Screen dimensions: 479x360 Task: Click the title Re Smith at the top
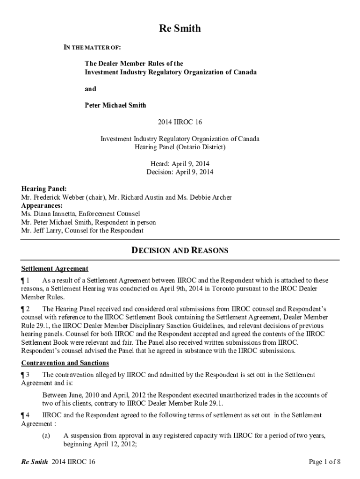[x=180, y=29]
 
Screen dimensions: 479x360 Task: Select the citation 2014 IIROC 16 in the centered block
[x=180, y=122]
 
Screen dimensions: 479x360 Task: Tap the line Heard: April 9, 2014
[x=180, y=164]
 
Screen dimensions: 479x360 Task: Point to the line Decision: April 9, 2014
[x=180, y=172]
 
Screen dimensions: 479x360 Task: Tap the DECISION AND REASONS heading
[x=180, y=251]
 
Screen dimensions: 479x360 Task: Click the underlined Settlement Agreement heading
[x=55, y=269]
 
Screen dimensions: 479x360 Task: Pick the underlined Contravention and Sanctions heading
[x=65, y=363]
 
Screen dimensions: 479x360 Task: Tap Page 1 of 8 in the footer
[x=324, y=462]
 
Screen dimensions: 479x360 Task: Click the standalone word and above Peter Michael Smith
[x=90, y=89]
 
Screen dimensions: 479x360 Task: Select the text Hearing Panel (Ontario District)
[x=180, y=147]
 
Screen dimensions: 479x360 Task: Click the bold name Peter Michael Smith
[x=115, y=105]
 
